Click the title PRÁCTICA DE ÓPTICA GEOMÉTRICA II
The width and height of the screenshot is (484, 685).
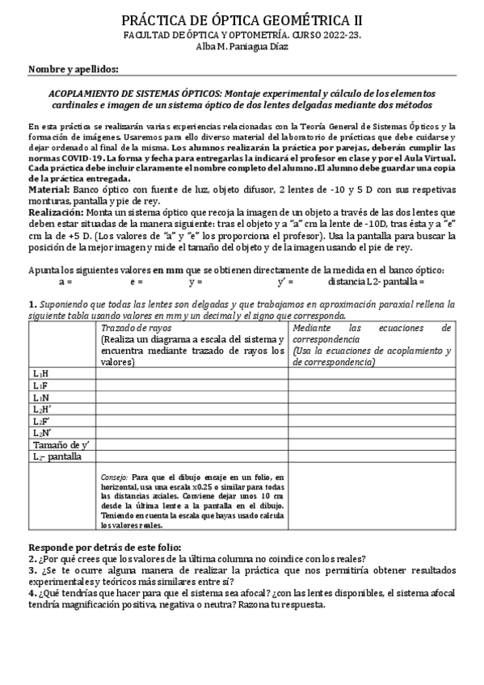click(x=242, y=20)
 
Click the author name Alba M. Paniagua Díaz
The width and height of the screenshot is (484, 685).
click(x=242, y=47)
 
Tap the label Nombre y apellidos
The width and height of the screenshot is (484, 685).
click(x=74, y=70)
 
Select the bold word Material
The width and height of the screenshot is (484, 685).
click(x=48, y=187)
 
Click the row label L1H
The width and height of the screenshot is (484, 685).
click(x=40, y=374)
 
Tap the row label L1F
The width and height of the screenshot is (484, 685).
click(x=40, y=386)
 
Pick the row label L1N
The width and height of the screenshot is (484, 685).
click(x=40, y=398)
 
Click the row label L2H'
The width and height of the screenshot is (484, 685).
click(x=41, y=410)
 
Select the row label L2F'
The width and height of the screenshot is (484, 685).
click(x=41, y=421)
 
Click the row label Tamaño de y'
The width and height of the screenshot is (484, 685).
click(x=59, y=444)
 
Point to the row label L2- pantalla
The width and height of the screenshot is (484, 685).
click(x=57, y=456)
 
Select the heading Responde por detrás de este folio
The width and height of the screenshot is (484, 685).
click(x=105, y=547)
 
